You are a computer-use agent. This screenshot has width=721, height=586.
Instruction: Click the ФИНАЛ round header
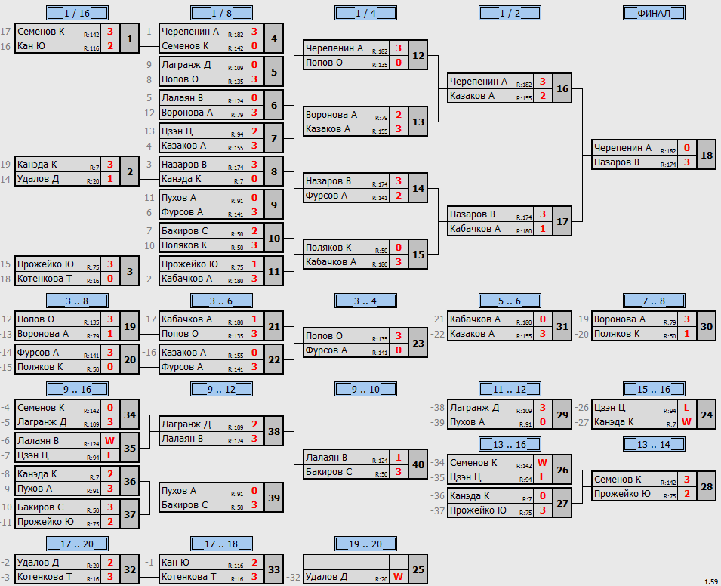(654, 13)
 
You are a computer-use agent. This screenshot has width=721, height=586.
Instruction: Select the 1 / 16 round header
(77, 13)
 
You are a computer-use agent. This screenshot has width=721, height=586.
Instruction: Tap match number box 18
(707, 155)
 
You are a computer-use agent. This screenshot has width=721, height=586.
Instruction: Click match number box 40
(418, 464)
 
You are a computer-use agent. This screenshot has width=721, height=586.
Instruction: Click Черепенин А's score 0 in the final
(686, 148)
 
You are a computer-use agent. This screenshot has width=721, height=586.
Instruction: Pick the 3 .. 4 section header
(365, 301)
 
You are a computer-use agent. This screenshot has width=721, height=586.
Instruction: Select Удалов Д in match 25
(326, 577)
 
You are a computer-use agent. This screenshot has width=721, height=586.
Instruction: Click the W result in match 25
(398, 577)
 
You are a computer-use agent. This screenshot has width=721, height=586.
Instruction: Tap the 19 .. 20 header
(365, 544)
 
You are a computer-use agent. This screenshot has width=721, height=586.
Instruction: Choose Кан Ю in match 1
(31, 46)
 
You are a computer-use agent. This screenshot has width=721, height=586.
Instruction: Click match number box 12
(418, 55)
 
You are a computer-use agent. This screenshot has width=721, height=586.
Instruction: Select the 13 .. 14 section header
(654, 444)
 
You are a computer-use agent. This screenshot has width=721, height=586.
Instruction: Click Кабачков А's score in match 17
(543, 229)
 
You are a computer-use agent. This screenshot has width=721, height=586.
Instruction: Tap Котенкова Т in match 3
(45, 279)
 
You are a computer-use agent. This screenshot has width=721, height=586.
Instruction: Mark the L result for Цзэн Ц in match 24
(686, 408)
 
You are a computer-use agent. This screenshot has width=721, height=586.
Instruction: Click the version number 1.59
(711, 582)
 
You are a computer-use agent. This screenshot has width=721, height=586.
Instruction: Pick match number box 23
(418, 343)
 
